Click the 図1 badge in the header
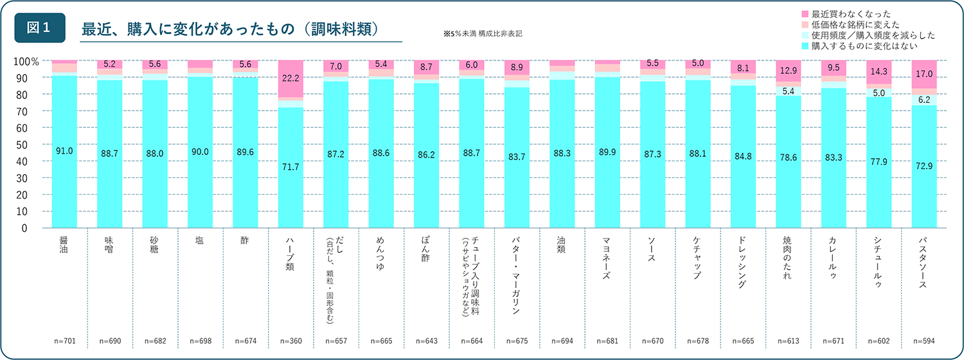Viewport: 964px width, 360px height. click(40, 28)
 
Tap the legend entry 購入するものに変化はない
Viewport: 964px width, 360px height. click(864, 46)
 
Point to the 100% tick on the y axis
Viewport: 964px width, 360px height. click(26, 62)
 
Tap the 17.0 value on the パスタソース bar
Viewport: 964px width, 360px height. click(924, 74)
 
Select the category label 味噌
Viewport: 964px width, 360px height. click(109, 246)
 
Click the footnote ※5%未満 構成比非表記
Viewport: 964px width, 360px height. click(483, 32)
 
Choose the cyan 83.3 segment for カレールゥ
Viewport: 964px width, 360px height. click(833, 158)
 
